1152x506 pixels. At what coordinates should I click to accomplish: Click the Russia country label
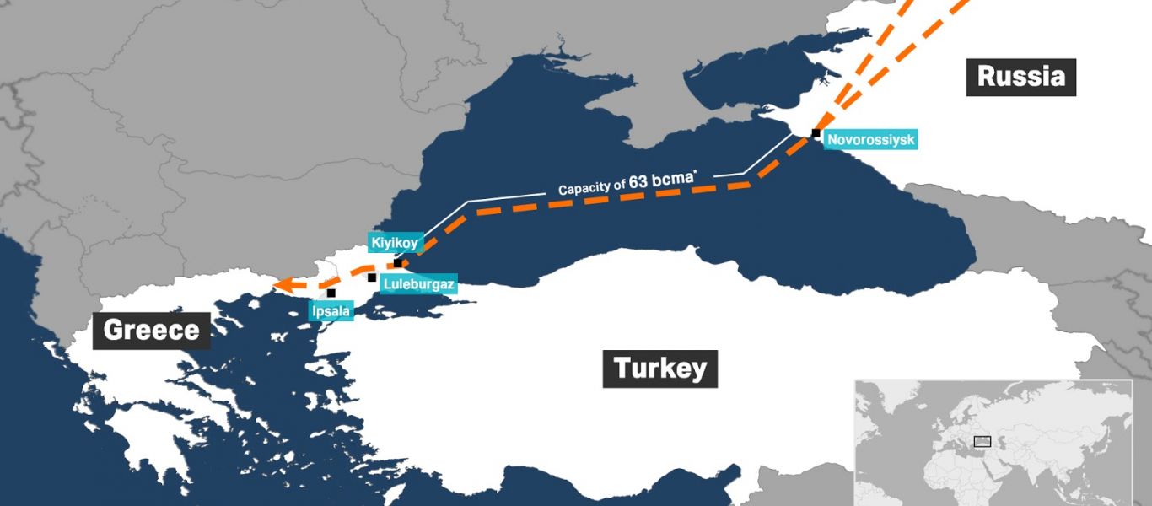click(x=1020, y=77)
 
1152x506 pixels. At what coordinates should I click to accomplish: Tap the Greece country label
click(x=152, y=330)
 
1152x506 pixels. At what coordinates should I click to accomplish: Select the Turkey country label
click(x=659, y=369)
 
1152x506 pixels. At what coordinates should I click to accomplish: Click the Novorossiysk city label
click(x=870, y=140)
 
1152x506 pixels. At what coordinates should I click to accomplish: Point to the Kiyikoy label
click(x=395, y=243)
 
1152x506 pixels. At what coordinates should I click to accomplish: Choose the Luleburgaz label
click(x=419, y=284)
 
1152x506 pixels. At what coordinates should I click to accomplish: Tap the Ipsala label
click(x=330, y=311)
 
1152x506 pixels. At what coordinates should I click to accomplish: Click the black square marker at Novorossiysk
click(x=816, y=133)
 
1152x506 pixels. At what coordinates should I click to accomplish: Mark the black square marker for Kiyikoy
click(x=398, y=263)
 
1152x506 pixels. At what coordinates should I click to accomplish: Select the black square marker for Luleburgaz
click(x=372, y=277)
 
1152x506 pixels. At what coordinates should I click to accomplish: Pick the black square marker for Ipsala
click(x=331, y=293)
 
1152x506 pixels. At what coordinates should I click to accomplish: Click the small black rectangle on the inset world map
click(x=982, y=441)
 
